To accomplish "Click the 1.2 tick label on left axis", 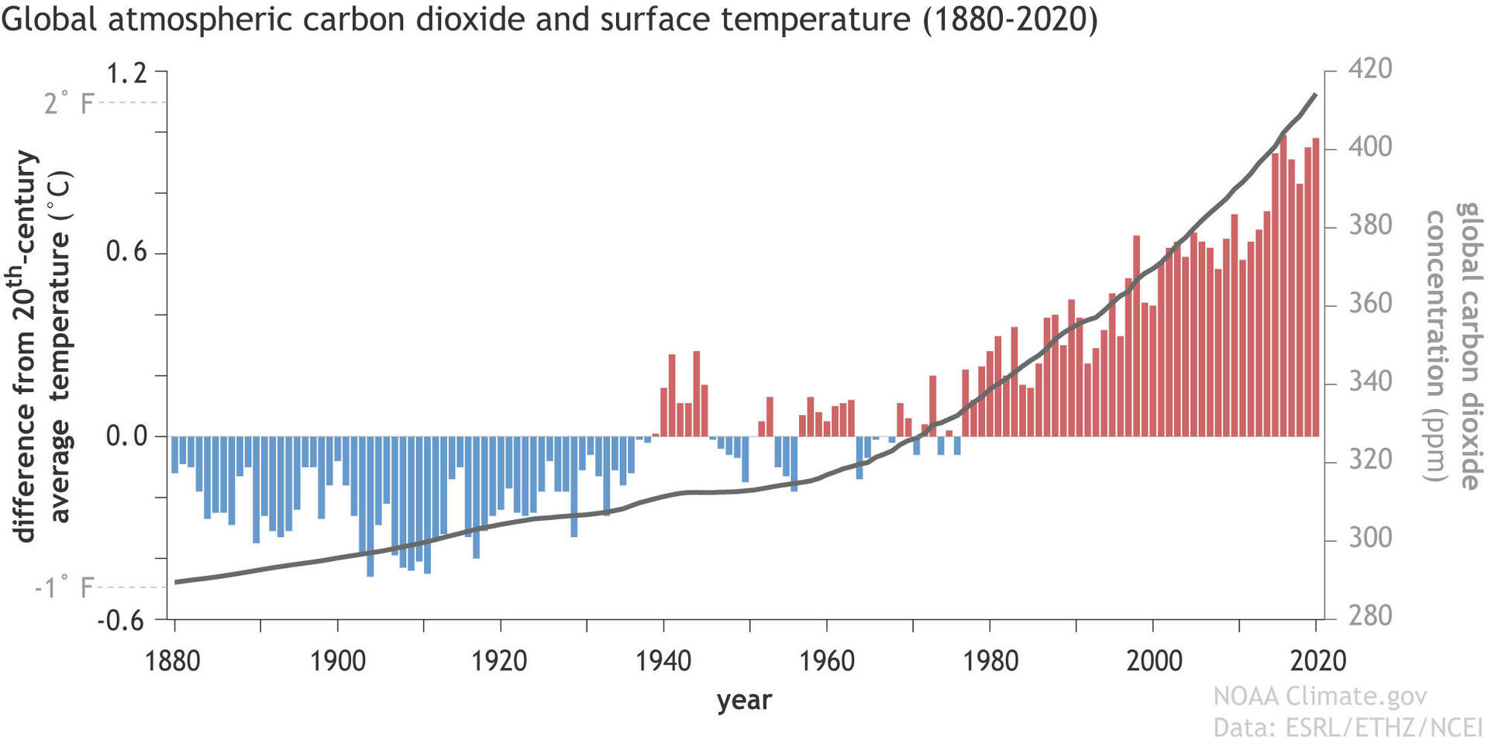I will pos(126,74).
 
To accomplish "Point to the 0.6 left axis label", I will pos(126,253).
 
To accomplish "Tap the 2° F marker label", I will pos(67,103).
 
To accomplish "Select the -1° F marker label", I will pos(63,587).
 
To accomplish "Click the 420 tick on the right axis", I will pos(1370,69).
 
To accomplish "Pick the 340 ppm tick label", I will pos(1370,382).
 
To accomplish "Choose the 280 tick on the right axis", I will pos(1370,616).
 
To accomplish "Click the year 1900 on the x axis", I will pos(337,661).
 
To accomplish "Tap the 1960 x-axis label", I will pos(826,661).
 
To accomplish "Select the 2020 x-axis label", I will pos(1317,661).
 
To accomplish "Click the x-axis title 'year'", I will pos(744,700).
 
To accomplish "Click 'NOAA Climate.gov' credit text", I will pos(1319,696).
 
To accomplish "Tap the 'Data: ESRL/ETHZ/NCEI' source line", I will pos(1347,728).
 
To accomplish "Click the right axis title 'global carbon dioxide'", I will pos(1468,346).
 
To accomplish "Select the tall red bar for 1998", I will pos(1136,335).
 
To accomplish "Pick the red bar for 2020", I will pos(1315,287).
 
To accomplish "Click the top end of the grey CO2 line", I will pos(1314,95).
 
